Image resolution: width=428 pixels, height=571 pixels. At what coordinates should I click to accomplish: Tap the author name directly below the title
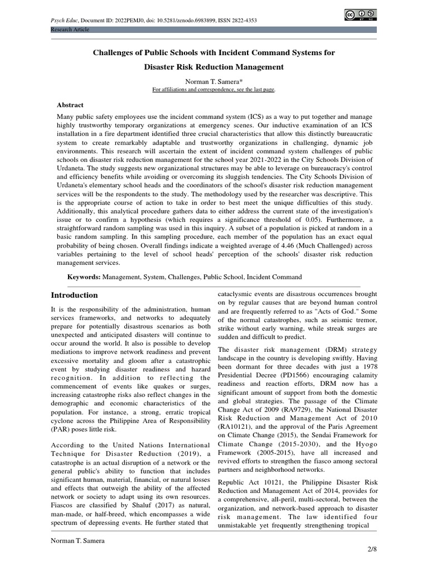pyautogui.click(x=214, y=81)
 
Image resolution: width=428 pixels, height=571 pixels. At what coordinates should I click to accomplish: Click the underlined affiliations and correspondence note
pyautogui.click(x=214, y=89)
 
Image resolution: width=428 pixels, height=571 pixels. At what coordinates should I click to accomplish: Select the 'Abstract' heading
pyautogui.click(x=70, y=105)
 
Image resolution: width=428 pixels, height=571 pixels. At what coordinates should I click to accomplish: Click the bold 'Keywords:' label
pyautogui.click(x=84, y=277)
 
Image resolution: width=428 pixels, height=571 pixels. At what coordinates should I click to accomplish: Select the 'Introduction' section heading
pyautogui.click(x=74, y=295)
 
